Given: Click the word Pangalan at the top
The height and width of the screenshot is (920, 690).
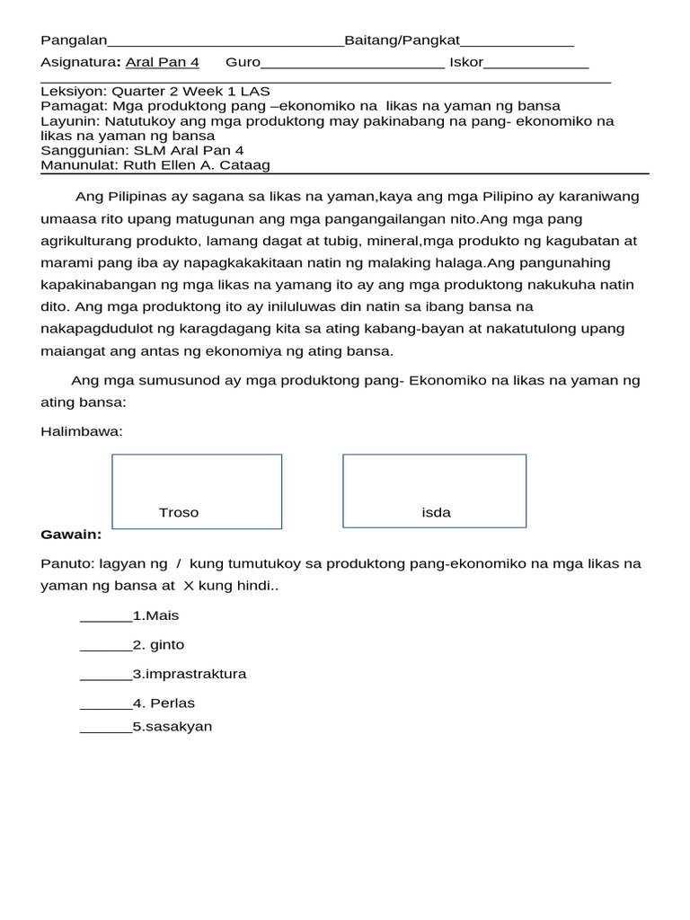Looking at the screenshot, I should click(74, 40).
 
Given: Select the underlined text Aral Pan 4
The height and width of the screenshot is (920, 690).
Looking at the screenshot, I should click(162, 62).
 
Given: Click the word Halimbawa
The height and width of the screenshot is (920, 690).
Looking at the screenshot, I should click(81, 431).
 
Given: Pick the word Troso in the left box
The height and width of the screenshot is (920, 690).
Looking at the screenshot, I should click(179, 513).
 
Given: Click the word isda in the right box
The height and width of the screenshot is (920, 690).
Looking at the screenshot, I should click(436, 513).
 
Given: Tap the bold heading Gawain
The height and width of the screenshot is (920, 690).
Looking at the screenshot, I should click(71, 535).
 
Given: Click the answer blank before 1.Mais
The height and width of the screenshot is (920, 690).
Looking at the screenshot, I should click(105, 617).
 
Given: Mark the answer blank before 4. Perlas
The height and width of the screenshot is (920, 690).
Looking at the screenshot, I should click(105, 704).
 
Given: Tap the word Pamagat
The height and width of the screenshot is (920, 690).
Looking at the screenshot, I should click(72, 106).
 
